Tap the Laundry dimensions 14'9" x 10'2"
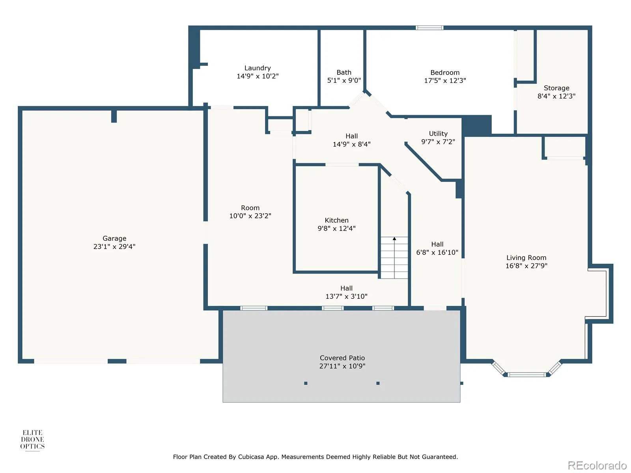(258, 76)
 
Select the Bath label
(344, 73)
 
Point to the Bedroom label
(445, 73)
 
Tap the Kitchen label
(336, 220)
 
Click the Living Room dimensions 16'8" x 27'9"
(526, 266)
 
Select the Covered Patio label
(342, 358)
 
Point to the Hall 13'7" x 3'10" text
(346, 292)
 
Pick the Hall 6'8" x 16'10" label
(437, 248)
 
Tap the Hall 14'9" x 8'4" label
(351, 140)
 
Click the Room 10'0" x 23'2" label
(250, 212)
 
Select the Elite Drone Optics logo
(32, 439)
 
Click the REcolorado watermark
(597, 465)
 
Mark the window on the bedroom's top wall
(429, 28)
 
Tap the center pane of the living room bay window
(526, 374)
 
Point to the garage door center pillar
(117, 361)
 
